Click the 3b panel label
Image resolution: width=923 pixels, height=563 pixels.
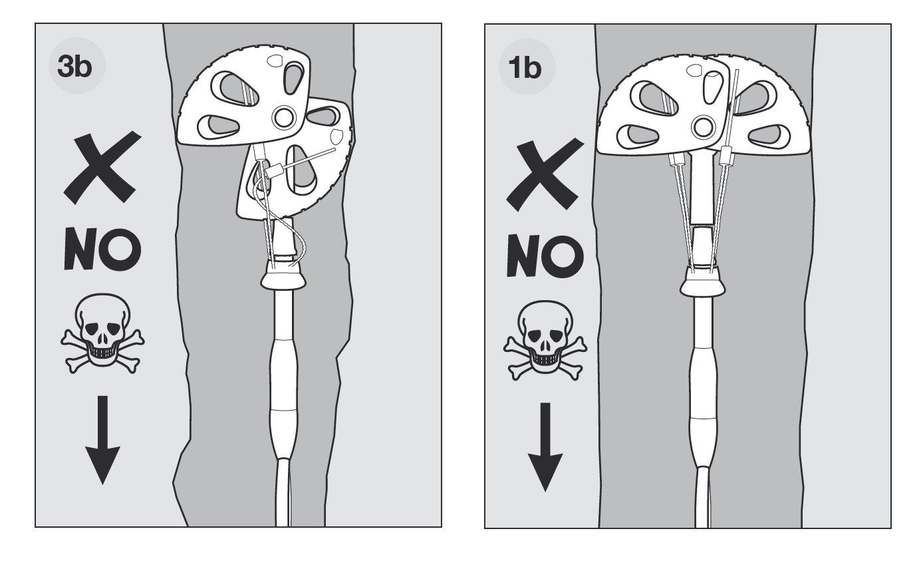[74, 67]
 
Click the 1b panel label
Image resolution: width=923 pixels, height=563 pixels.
[525, 68]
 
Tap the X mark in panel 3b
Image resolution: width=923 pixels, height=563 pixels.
[102, 168]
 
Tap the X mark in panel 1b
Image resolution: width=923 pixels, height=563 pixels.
[545, 174]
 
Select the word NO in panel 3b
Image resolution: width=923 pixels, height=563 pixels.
[102, 249]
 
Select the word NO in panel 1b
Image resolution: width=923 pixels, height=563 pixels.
[545, 256]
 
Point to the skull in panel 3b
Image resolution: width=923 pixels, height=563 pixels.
[102, 334]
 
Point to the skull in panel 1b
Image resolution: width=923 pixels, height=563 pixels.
[545, 341]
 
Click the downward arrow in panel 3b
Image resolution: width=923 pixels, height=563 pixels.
[102, 440]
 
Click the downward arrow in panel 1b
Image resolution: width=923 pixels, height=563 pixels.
[545, 447]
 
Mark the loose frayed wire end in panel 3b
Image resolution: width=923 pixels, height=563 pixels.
[300, 252]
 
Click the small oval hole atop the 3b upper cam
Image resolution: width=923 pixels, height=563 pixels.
[275, 61]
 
